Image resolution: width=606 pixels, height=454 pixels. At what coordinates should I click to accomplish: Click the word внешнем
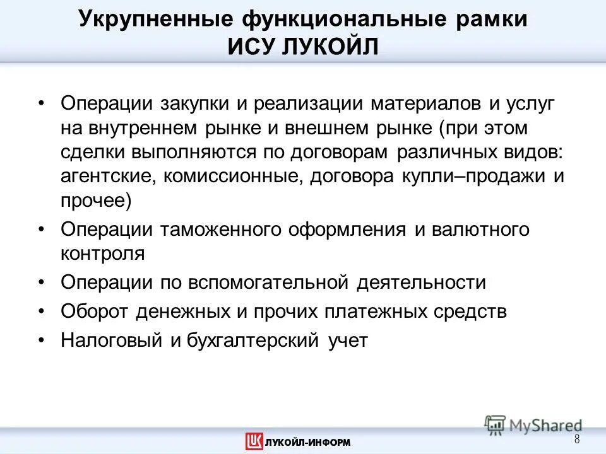coord(313,128)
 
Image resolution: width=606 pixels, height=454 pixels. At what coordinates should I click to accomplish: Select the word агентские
coord(107,177)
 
